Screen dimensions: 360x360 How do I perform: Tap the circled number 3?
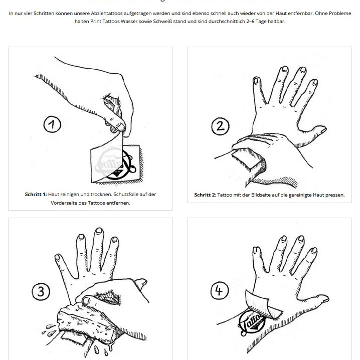click(41, 290)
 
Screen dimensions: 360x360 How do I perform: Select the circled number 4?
click(220, 290)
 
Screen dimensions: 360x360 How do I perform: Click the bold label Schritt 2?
click(206, 195)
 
